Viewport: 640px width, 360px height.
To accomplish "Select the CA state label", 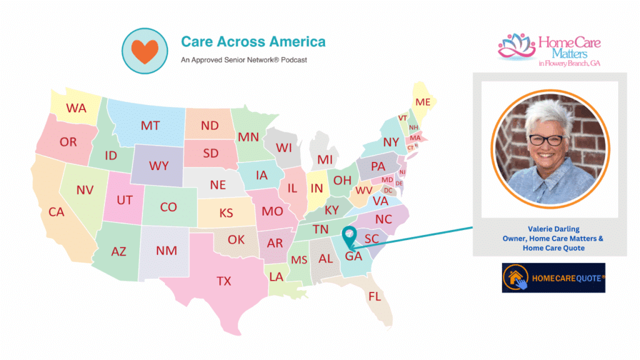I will (56, 212).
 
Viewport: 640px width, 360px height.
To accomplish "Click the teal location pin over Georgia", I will (349, 236).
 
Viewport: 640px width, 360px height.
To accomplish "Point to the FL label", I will (374, 296).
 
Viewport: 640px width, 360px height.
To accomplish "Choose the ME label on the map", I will (423, 102).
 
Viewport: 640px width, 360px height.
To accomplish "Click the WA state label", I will (76, 108).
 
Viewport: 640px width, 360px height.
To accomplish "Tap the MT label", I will (150, 125).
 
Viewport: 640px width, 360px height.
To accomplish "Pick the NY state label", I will (391, 142).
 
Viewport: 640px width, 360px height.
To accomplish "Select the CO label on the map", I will (168, 207).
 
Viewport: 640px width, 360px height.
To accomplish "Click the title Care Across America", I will (253, 42).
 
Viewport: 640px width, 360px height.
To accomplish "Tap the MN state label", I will (248, 137).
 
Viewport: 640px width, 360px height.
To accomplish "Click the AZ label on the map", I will (118, 251).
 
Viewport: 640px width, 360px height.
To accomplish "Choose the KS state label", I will (226, 213).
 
